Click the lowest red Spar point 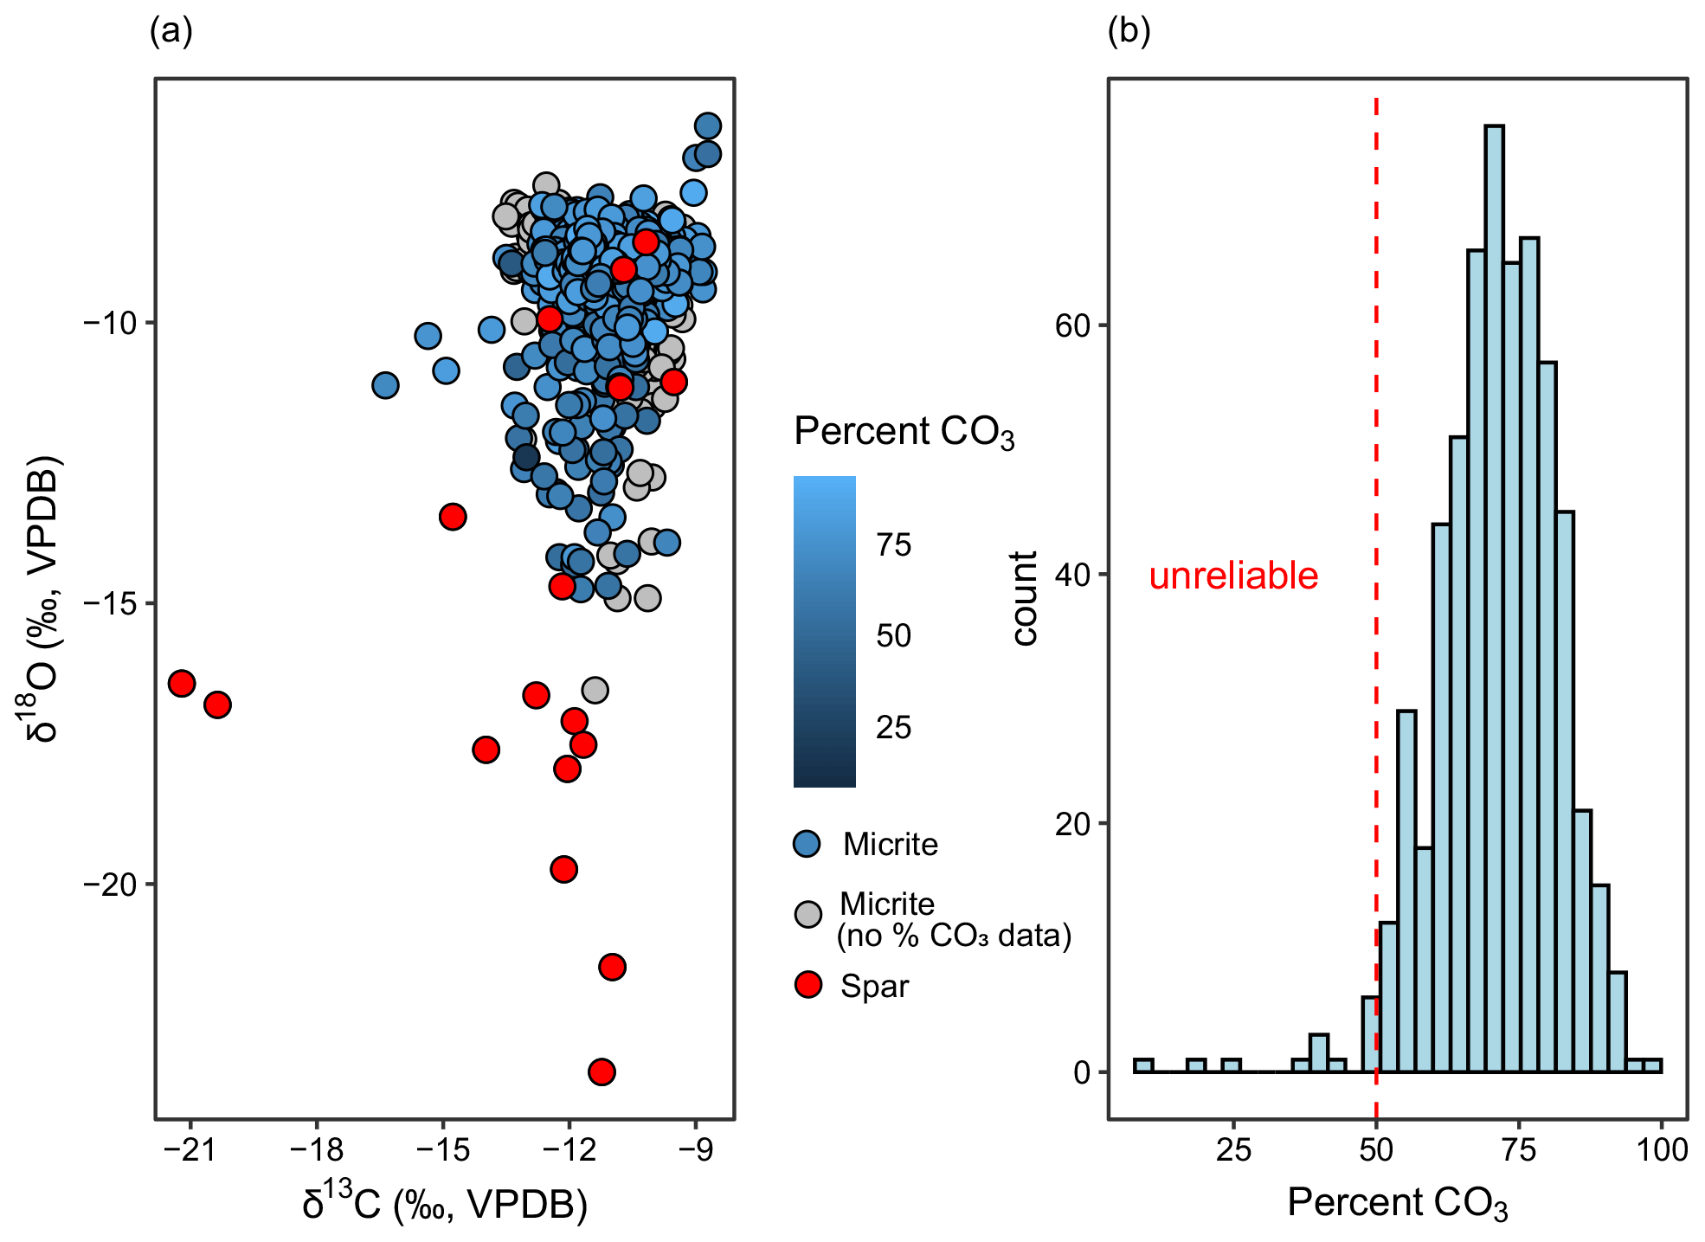point(602,1071)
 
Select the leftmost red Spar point point(182,683)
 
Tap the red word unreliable point(1232,576)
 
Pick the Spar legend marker point(807,984)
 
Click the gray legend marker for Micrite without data point(807,914)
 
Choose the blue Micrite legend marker point(807,844)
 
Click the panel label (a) point(170,32)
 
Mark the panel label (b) point(1129,32)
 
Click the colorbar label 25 point(893,727)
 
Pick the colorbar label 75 point(893,544)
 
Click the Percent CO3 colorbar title point(904,432)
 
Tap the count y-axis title point(1026,598)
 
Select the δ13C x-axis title point(445,1203)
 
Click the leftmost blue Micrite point point(385,385)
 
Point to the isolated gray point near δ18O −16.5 point(595,690)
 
